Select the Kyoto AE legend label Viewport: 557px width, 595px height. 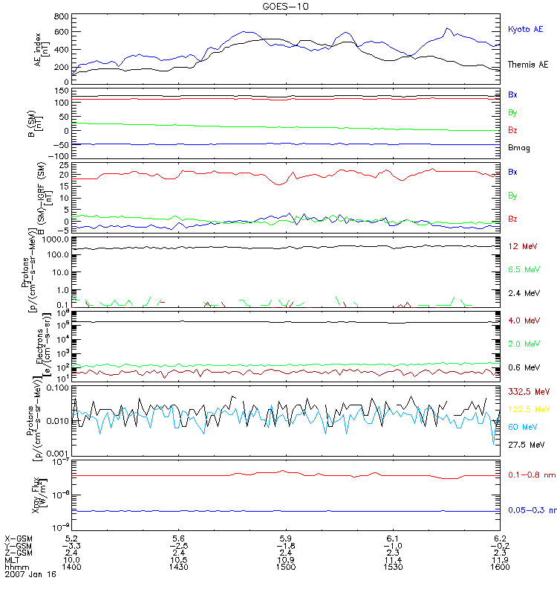point(525,29)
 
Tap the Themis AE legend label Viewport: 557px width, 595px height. point(528,65)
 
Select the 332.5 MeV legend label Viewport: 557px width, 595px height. point(527,391)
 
